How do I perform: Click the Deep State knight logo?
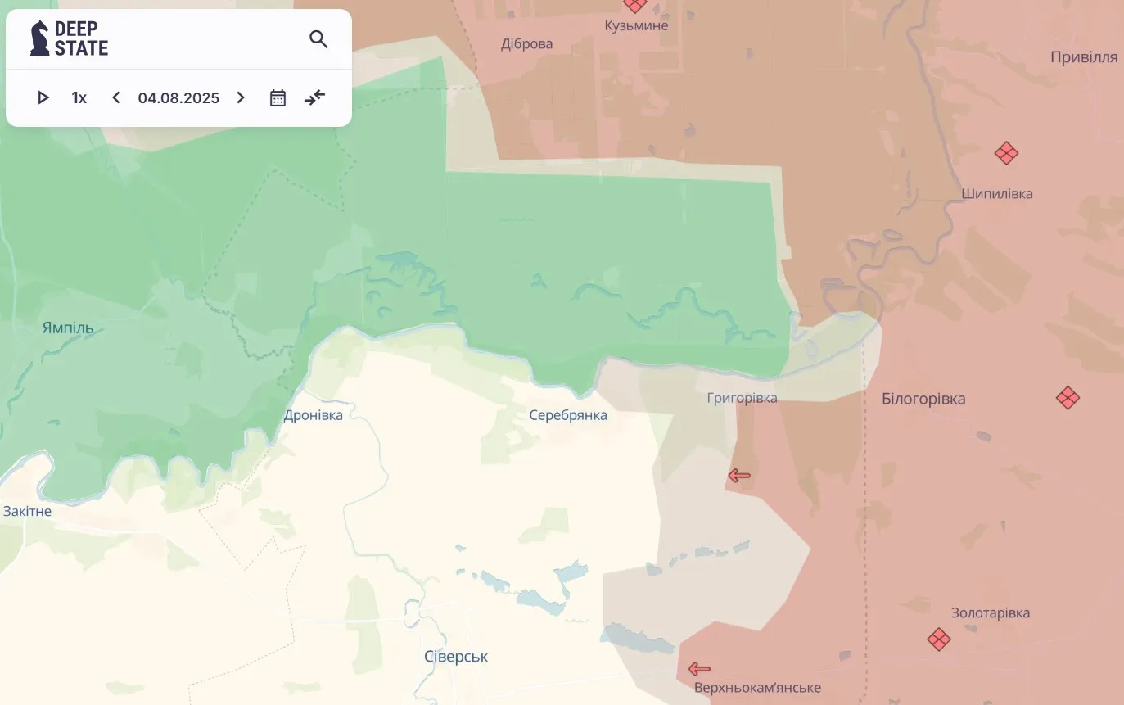(x=39, y=38)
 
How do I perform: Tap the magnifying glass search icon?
(x=318, y=38)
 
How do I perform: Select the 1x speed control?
(x=79, y=98)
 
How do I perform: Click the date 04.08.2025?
(x=178, y=98)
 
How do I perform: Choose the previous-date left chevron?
(x=116, y=98)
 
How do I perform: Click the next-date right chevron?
(x=241, y=98)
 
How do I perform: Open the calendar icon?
(x=278, y=98)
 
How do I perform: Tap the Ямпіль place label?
(x=68, y=328)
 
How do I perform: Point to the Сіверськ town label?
(x=456, y=657)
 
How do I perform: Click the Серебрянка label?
(x=568, y=415)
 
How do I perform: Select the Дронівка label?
(x=314, y=415)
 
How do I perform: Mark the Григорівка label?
(x=742, y=398)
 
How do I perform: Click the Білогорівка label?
(x=923, y=399)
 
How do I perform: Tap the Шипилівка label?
(x=997, y=194)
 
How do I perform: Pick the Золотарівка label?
(x=991, y=612)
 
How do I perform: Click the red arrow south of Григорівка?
(x=739, y=475)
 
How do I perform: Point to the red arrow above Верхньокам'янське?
(x=699, y=669)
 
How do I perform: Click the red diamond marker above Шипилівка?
(x=1006, y=153)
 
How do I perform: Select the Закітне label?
(x=27, y=511)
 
